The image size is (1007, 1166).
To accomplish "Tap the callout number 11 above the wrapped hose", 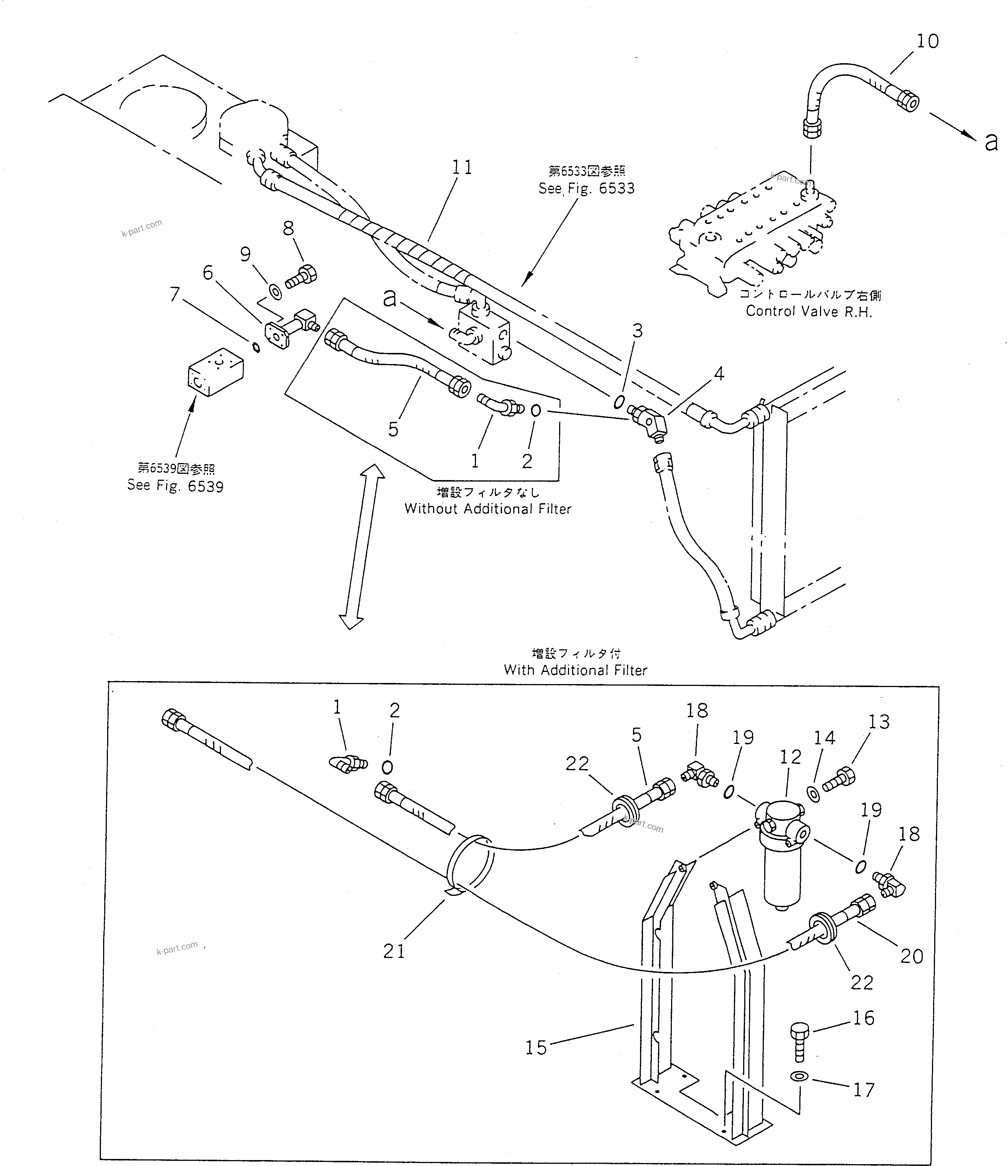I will [x=462, y=168].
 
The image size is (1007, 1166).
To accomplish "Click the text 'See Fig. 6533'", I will [x=586, y=188].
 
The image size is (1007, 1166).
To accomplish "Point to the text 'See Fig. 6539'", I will [x=175, y=486].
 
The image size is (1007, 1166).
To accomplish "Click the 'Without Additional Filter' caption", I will [x=488, y=509].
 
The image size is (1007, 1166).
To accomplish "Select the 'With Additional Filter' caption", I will [x=575, y=670].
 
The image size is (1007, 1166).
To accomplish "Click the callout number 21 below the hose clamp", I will [x=394, y=951].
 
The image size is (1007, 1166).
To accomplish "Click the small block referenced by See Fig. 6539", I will [x=215, y=371].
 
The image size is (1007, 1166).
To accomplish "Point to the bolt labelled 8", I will [x=302, y=277].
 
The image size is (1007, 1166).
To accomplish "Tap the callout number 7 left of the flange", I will [x=174, y=294].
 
